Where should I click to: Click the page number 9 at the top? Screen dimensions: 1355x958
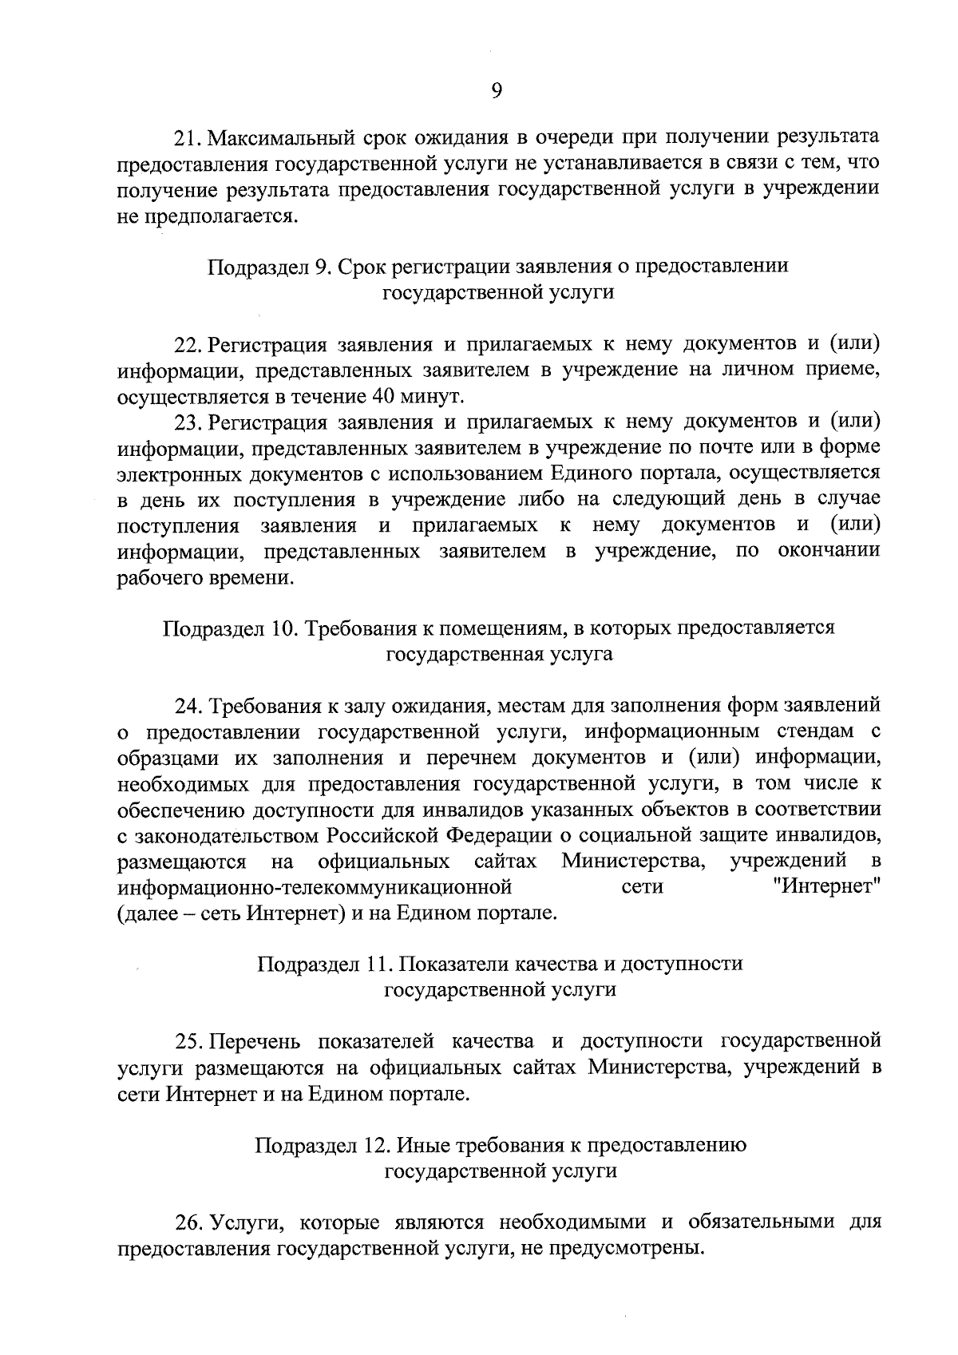tap(496, 91)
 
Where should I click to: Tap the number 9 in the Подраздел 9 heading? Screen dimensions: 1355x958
tap(320, 266)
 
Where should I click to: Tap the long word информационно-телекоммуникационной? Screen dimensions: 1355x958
tap(315, 887)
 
